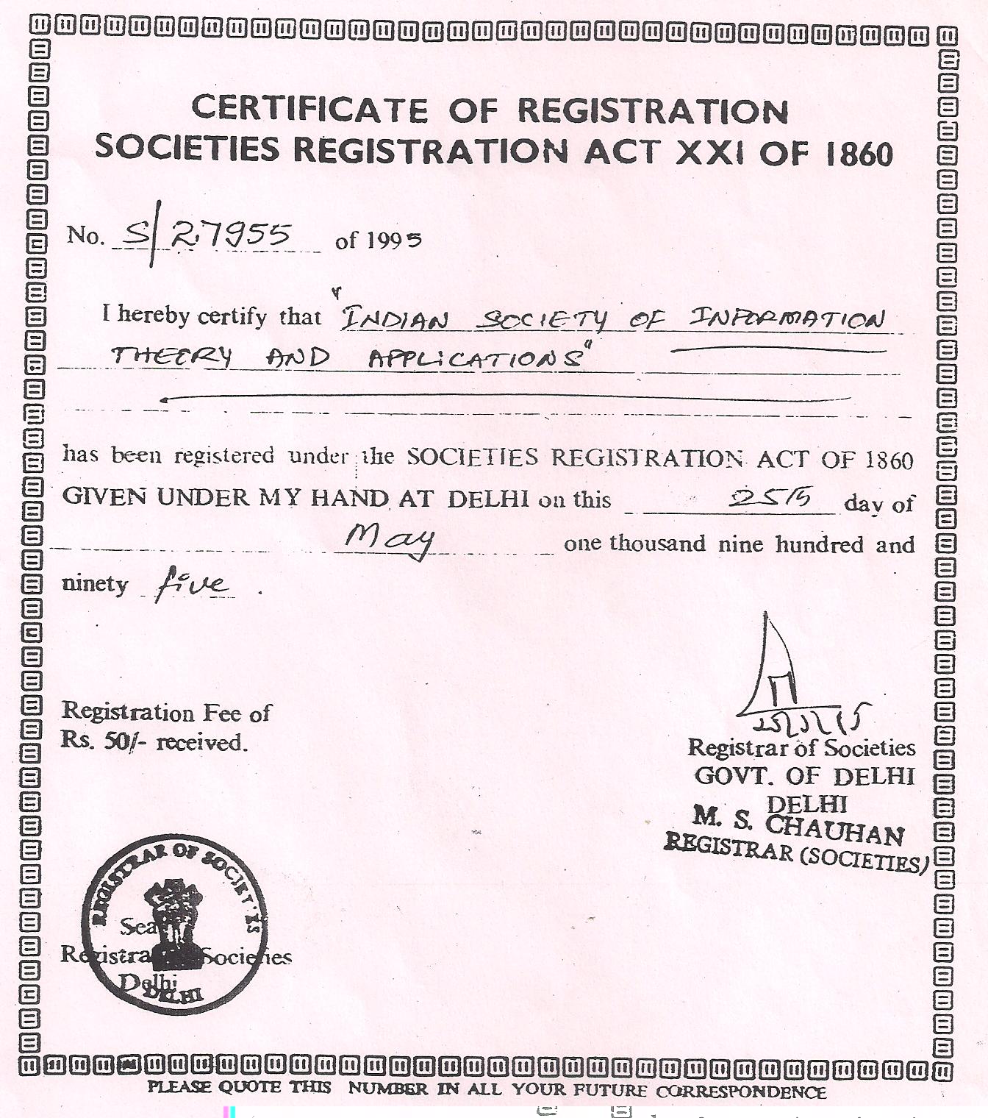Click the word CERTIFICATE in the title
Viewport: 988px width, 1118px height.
(x=309, y=110)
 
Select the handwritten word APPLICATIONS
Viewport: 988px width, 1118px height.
(x=479, y=359)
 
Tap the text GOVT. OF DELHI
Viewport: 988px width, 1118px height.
(x=804, y=775)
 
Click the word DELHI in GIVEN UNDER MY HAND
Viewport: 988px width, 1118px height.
(x=488, y=499)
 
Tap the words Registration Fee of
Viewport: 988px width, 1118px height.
(x=166, y=712)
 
